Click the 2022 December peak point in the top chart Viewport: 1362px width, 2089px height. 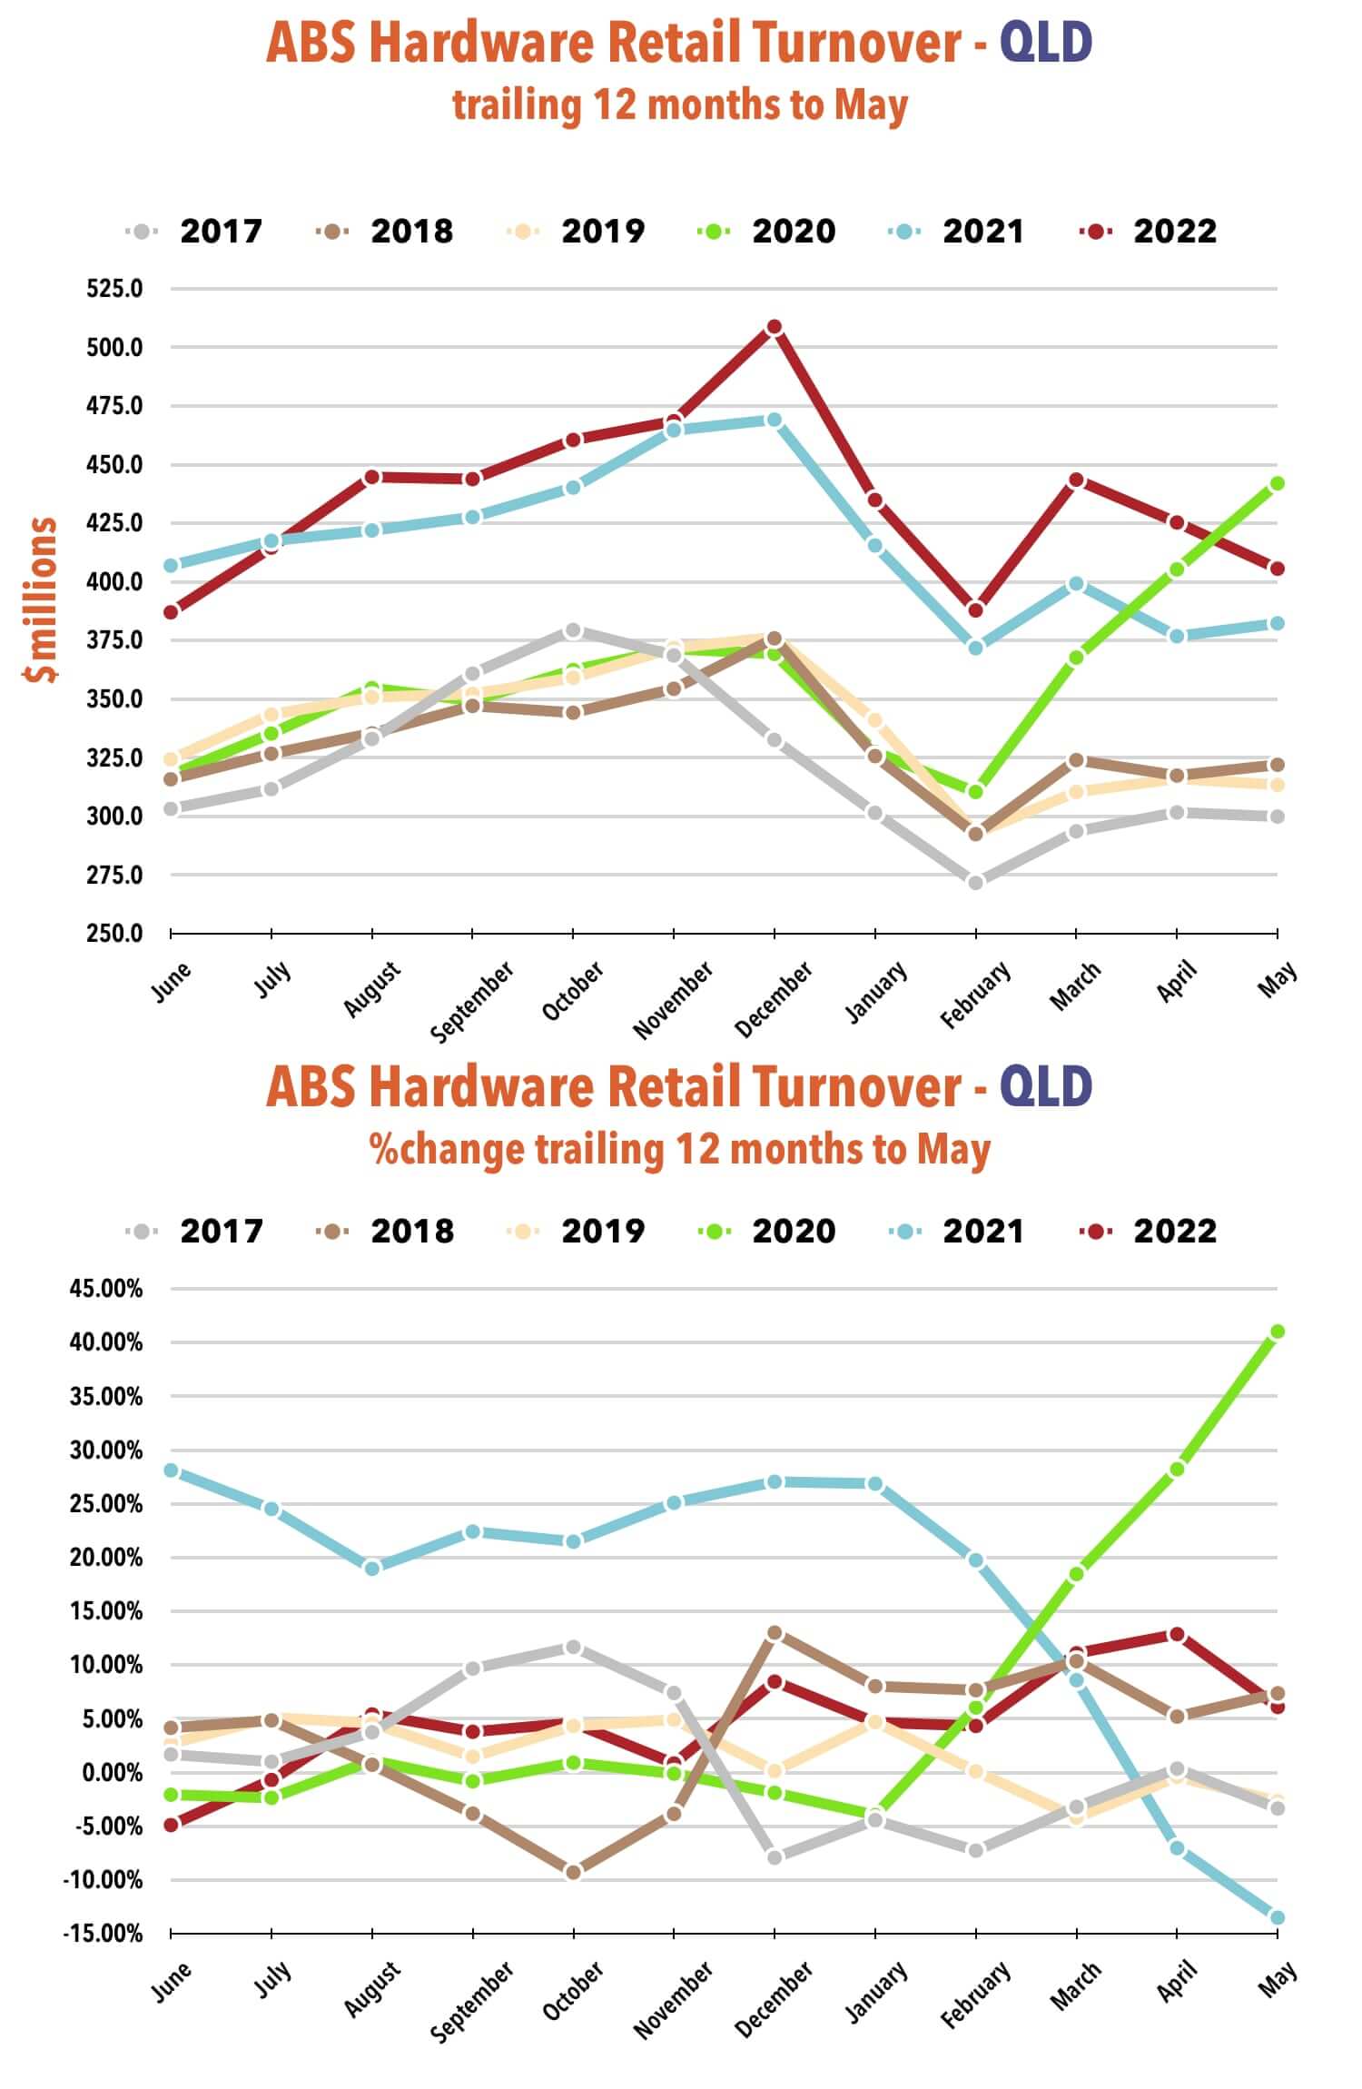(775, 327)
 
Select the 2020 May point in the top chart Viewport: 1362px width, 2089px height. (1277, 483)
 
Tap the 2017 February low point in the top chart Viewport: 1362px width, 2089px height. (975, 882)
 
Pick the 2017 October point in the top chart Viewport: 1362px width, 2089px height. (573, 630)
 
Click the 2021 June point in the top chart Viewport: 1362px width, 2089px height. (171, 565)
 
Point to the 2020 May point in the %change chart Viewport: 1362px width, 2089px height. (1277, 1332)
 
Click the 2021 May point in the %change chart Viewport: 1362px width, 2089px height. (1277, 1917)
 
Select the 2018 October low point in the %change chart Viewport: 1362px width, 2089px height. (573, 1871)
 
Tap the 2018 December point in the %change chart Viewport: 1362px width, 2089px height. (775, 1633)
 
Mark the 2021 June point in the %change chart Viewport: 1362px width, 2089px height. (171, 1470)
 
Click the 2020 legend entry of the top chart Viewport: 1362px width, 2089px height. (767, 231)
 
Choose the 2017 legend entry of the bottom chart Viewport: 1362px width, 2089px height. (195, 1231)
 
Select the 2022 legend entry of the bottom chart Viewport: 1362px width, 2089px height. (1149, 1231)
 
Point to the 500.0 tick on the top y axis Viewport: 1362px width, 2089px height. (114, 347)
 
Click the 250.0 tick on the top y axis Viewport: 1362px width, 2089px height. (114, 933)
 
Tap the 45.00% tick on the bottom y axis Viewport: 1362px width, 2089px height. (106, 1288)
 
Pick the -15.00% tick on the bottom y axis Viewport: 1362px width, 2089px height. (103, 1933)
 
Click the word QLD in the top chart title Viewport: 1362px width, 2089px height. (1045, 43)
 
